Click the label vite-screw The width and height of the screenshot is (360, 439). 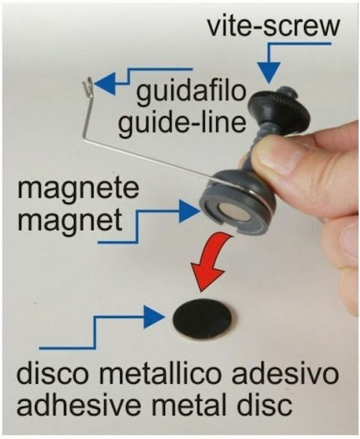pyautogui.click(x=273, y=26)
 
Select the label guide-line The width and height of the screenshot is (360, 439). pyautogui.click(x=182, y=124)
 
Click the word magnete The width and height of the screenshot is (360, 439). pyautogui.click(x=78, y=190)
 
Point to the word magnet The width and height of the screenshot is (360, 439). pyautogui.click(x=70, y=220)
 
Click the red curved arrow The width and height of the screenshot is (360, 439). pyautogui.click(x=213, y=260)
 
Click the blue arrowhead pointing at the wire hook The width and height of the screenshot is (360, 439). pyautogui.click(x=106, y=84)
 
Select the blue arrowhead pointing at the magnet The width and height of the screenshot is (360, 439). pyautogui.click(x=189, y=211)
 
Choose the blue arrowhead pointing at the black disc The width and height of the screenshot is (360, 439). pyautogui.click(x=154, y=317)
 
